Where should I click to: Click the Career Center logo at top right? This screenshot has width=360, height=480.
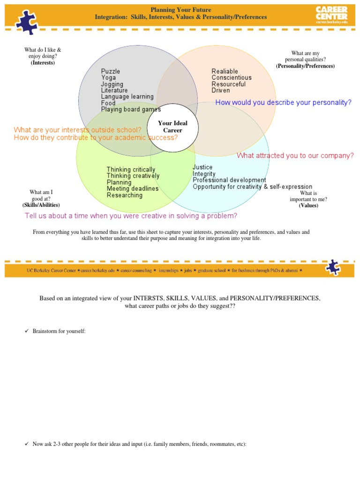coord(331,14)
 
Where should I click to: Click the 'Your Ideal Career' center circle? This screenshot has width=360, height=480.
coord(172,127)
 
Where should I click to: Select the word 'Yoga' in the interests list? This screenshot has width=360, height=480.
coord(108,78)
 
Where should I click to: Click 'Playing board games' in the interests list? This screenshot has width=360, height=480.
coord(131,110)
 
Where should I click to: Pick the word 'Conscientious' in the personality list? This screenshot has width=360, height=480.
coord(232,78)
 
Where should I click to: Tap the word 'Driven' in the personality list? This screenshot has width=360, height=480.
coord(221,90)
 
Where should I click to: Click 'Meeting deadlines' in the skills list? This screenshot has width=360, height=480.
coord(133,189)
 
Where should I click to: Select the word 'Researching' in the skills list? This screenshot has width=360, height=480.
coord(125,195)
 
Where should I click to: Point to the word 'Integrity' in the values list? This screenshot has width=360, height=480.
coord(204,174)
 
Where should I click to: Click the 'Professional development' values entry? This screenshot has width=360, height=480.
coord(229,180)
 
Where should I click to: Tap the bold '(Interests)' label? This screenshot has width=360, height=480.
coord(43,63)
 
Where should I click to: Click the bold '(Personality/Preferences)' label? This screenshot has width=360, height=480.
coord(305,66)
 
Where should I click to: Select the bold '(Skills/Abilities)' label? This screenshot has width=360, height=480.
coord(41,205)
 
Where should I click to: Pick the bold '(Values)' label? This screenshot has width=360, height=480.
coord(308,205)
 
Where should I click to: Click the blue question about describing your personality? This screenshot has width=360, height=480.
coord(283,103)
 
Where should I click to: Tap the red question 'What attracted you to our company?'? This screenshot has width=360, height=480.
coord(295,156)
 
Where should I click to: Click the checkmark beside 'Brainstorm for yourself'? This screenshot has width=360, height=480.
coord(27,331)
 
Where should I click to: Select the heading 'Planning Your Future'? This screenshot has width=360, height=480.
coord(180,10)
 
